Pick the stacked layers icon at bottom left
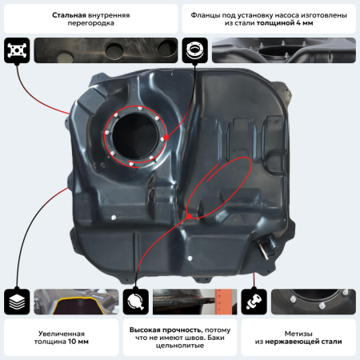coord(18,302)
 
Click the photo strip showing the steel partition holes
coord(103,50)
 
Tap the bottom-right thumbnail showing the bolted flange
coord(313,302)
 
